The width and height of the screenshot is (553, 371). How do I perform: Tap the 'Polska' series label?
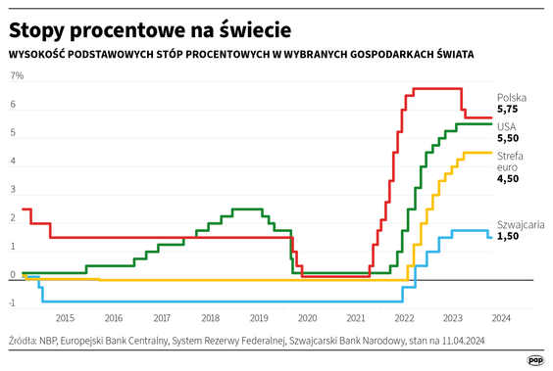tap(512, 97)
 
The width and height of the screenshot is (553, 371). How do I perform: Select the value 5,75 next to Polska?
tap(508, 112)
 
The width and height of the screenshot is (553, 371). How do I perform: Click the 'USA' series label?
tap(507, 127)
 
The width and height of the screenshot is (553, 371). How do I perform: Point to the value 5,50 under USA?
tap(508, 141)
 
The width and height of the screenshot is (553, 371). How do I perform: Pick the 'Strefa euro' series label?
tap(509, 162)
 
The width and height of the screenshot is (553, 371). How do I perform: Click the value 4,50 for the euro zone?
tap(508, 179)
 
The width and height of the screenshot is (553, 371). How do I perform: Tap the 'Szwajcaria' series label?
tap(521, 224)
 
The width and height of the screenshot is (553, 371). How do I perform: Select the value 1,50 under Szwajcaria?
tap(508, 238)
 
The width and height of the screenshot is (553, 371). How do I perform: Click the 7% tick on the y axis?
tap(17, 76)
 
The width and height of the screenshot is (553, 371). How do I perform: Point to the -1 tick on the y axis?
tap(15, 303)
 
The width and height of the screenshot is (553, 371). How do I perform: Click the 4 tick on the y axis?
tap(13, 162)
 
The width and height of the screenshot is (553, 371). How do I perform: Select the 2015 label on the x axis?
tap(65, 318)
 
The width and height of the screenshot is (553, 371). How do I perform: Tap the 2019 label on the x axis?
tap(258, 318)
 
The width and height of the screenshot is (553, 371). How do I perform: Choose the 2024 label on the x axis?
tap(500, 318)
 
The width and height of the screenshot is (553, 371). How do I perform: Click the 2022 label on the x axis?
tap(404, 318)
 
